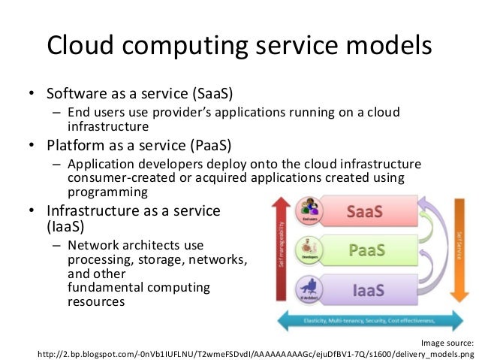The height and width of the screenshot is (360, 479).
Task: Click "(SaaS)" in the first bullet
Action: pyautogui.click(x=212, y=95)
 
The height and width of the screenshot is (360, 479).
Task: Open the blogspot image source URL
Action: pyautogui.click(x=255, y=353)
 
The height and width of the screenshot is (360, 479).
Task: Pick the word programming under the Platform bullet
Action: pyautogui.click(x=101, y=192)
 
